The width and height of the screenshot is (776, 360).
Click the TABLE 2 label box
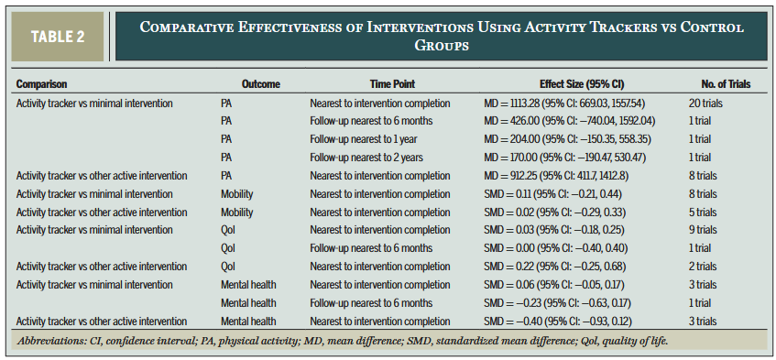[x=60, y=36]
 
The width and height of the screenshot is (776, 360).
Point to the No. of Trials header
[x=719, y=85]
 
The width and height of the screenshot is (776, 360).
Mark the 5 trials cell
[x=702, y=213]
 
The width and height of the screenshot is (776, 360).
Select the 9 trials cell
[x=702, y=230]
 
